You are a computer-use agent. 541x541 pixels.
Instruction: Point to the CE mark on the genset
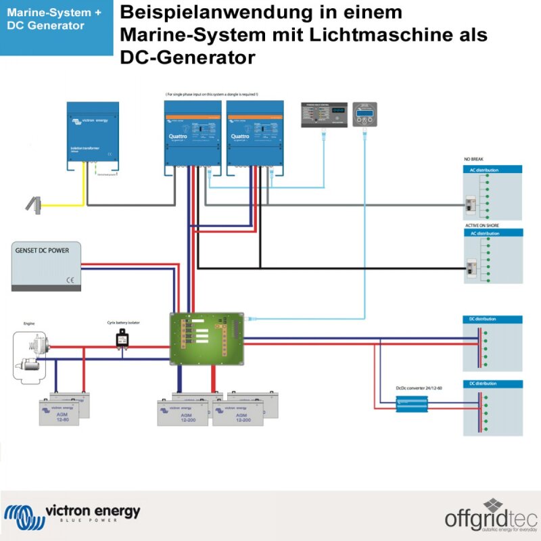pyautogui.click(x=69, y=279)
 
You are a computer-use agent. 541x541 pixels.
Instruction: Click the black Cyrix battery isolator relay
pyautogui.click(x=123, y=339)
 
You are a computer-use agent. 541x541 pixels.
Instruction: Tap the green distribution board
pyautogui.click(x=206, y=338)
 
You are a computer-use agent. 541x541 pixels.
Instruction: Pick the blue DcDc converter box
pyautogui.click(x=412, y=404)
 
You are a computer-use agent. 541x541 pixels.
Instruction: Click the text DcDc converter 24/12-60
pyautogui.click(x=419, y=388)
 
